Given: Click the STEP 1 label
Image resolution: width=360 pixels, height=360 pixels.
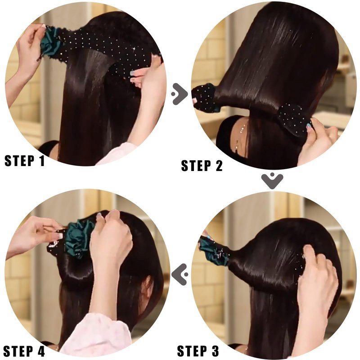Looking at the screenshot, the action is click(25, 161).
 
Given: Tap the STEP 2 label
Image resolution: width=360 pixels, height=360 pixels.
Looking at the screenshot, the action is click(202, 166).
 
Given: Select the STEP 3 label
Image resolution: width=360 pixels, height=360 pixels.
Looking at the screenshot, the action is click(198, 351).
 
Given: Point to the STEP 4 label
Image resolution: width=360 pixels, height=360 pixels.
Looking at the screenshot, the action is click(24, 351).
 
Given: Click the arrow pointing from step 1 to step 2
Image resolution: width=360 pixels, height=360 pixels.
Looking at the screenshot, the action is click(180, 94).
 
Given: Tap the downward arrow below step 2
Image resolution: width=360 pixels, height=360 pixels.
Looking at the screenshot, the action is click(272, 181).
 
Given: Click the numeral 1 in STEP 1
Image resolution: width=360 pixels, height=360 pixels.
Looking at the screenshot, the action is click(41, 161).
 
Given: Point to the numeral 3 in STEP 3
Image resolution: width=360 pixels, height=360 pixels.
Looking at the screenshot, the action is click(215, 351).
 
